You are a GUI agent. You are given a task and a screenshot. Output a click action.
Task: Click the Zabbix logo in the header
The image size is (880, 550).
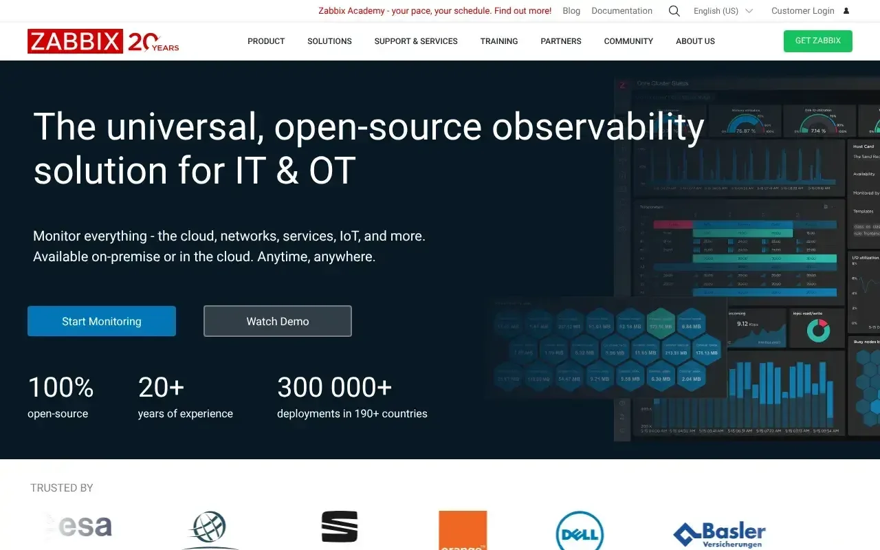click(x=76, y=41)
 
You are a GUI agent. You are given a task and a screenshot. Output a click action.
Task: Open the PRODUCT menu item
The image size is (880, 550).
click(x=266, y=41)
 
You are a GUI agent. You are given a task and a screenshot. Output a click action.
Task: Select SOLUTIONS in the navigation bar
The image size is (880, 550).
click(x=329, y=41)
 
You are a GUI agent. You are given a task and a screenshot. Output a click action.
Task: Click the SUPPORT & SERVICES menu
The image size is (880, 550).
click(x=416, y=41)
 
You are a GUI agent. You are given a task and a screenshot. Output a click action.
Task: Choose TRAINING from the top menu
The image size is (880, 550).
click(x=499, y=41)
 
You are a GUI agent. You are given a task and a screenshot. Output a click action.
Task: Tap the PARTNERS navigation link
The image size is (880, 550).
click(x=561, y=41)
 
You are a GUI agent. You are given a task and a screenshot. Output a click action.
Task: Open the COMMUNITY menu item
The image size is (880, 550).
click(x=628, y=41)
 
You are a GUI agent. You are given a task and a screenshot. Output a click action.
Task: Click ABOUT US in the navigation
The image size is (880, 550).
click(x=695, y=41)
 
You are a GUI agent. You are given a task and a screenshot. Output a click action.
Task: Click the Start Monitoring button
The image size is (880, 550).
click(x=102, y=321)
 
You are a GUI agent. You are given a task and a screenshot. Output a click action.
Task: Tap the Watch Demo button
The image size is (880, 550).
click(x=278, y=321)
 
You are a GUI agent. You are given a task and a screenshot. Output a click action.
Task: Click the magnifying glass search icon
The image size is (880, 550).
click(x=674, y=11)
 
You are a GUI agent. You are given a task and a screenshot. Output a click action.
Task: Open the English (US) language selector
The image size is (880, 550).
click(x=723, y=11)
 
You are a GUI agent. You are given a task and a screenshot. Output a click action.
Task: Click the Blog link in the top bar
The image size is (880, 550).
click(x=571, y=11)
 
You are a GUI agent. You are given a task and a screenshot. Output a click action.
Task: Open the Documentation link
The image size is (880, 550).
click(x=621, y=11)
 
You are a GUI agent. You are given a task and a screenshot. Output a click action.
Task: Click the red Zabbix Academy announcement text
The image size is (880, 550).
click(x=434, y=11)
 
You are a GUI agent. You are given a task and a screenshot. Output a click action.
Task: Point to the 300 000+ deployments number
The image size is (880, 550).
click(x=334, y=388)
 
